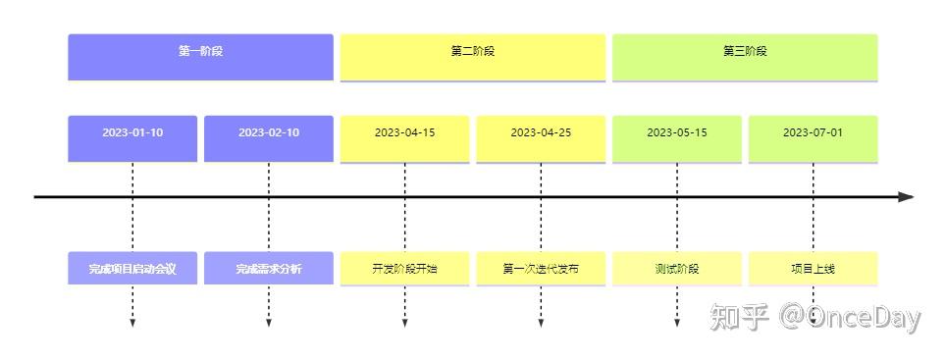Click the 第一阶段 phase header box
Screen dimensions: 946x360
[x=200, y=57]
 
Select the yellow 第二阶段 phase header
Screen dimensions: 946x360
[x=472, y=57]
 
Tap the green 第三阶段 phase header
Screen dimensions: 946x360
[x=745, y=57]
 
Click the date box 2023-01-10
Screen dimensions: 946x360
[x=132, y=138]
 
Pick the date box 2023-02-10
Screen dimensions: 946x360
[x=269, y=138]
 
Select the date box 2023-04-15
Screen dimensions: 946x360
[x=405, y=138]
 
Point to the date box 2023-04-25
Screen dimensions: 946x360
[x=541, y=138]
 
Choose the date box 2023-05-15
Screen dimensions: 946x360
[x=677, y=138]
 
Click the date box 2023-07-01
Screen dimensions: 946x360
[x=814, y=138]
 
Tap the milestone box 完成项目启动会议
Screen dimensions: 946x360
[x=132, y=269]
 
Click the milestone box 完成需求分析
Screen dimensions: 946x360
[x=269, y=269]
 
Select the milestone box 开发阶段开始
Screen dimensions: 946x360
[x=405, y=269]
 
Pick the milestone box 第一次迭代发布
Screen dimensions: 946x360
[x=541, y=269]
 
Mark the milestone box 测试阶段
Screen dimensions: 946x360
[x=677, y=269]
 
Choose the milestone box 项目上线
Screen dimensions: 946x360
[x=814, y=269]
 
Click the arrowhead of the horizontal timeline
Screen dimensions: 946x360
[x=906, y=196]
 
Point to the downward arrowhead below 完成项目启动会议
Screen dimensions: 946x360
[x=132, y=324]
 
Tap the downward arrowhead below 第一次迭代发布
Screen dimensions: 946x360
[x=541, y=324]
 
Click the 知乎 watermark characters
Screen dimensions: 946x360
[x=740, y=317]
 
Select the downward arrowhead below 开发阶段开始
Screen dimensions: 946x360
[x=405, y=324]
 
